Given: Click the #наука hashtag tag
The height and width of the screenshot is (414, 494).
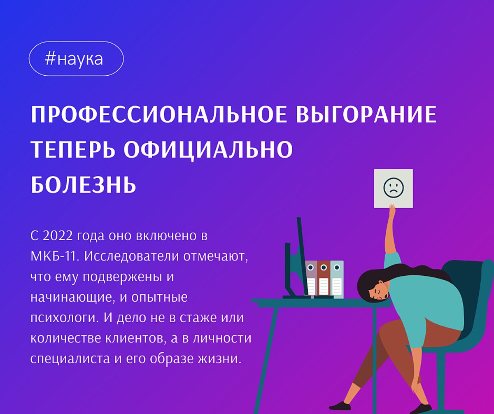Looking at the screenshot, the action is (x=76, y=59).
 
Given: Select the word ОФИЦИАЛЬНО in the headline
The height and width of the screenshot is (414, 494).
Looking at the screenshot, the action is (x=209, y=150).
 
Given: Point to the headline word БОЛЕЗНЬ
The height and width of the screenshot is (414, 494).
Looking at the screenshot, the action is (x=84, y=184).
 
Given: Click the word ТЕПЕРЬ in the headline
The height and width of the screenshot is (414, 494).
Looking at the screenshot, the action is (x=73, y=150).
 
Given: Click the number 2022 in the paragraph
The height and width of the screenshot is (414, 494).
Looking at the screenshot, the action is (x=58, y=236).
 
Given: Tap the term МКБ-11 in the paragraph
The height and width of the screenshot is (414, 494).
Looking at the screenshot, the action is (x=54, y=256).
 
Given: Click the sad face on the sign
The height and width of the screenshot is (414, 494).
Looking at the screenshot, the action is (x=394, y=188).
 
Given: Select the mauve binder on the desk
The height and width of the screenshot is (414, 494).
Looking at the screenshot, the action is (x=311, y=278).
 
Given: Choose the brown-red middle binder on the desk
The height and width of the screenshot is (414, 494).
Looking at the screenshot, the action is (x=324, y=278).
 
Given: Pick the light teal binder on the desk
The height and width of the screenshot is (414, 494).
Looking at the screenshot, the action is (x=337, y=279).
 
